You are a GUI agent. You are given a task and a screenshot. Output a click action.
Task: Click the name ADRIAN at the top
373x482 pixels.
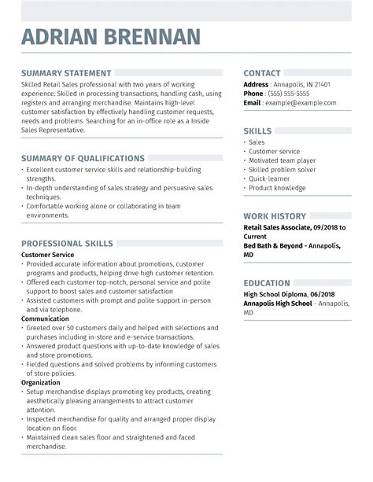point(65,37)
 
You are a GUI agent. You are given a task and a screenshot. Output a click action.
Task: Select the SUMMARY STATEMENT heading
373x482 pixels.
point(66,73)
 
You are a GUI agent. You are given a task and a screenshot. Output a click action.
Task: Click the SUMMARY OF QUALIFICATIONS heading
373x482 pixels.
point(83,158)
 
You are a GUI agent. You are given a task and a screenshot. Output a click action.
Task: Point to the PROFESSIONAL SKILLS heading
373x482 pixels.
point(67,244)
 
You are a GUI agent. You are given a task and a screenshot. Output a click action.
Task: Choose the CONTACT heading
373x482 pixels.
point(262,73)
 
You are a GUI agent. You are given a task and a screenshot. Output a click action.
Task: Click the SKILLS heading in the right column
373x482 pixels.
point(258,131)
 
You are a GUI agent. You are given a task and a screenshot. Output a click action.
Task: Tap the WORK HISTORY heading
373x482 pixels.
point(275,215)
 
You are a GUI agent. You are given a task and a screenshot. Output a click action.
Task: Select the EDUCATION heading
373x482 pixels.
point(267,282)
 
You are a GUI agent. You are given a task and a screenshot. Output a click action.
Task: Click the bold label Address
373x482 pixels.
point(256,83)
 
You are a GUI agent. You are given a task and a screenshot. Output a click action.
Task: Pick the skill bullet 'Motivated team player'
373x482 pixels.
point(282,160)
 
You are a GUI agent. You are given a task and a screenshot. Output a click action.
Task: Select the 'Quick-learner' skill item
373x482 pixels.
point(269,178)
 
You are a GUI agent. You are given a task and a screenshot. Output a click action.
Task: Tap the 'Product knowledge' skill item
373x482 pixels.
point(277,188)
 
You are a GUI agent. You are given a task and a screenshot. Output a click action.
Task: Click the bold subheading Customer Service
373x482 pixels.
point(47,255)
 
